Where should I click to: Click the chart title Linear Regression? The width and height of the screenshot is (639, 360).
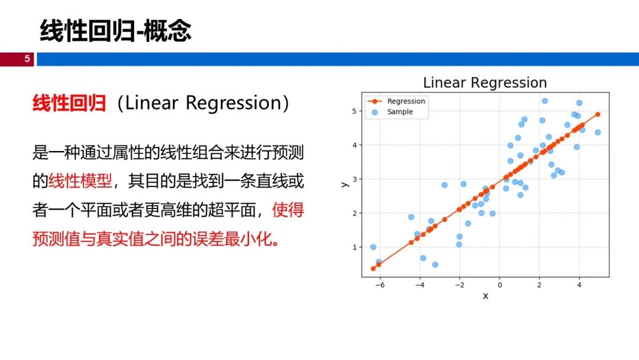pos(485,83)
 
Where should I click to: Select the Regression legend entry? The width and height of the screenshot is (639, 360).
pos(396,101)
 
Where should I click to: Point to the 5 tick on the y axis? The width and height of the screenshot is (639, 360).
pos(354,111)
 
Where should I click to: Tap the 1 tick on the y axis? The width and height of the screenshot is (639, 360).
pos(354,247)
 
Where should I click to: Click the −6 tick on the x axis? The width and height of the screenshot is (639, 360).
pos(379,285)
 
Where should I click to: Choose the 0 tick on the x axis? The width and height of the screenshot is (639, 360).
pos(499,285)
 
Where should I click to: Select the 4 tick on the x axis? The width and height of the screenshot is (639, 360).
pos(579,285)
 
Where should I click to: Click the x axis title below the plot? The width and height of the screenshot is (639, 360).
pos(485,296)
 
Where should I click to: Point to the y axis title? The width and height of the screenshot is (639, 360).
pos(345,185)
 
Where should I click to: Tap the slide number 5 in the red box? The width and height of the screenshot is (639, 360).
pos(27,59)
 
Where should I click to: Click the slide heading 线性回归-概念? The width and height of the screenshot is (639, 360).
pos(115,31)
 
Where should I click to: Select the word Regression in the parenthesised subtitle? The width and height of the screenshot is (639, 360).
pos(234,103)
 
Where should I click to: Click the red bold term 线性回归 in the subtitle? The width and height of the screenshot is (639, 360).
pos(69,103)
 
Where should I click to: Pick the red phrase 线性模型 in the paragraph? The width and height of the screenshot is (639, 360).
pos(80,181)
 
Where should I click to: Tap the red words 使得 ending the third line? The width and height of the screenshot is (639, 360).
pos(288,210)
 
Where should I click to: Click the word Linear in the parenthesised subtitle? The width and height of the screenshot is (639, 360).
pos(151,103)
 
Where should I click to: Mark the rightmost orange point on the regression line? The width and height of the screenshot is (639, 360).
pos(598,114)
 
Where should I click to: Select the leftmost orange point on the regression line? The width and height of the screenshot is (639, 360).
pos(373,269)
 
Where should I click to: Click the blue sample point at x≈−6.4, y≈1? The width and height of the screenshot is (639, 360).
pos(373,247)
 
